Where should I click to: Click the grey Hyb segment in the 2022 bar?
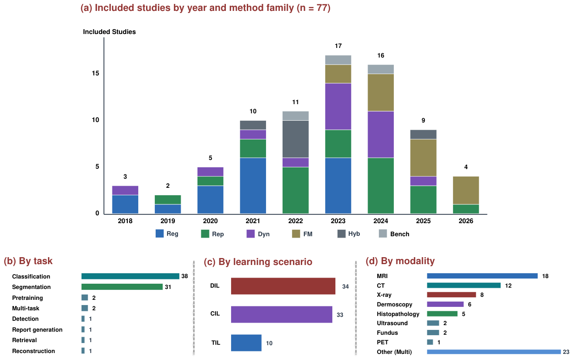[296, 139]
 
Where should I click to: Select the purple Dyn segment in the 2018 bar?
[125, 190]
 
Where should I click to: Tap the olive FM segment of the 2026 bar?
[466, 190]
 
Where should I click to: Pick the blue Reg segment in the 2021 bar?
[253, 186]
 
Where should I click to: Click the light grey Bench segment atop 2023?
[338, 60]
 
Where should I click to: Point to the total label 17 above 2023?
[338, 46]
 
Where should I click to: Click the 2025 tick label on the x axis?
[423, 221]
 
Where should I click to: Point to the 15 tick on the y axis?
[95, 73]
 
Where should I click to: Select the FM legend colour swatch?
[296, 234]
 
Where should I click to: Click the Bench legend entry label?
[399, 234]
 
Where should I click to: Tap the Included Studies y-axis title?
[109, 32]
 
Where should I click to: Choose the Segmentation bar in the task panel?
[122, 287]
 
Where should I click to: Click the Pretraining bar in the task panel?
[85, 298]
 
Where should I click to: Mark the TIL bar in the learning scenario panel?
[246, 343]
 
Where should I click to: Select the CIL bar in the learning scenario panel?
[282, 315]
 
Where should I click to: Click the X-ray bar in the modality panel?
[451, 295]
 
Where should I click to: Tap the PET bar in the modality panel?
[430, 342]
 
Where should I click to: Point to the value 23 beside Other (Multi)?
[566, 352]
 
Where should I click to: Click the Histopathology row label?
[398, 314]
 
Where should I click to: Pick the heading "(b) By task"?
[28, 261]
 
